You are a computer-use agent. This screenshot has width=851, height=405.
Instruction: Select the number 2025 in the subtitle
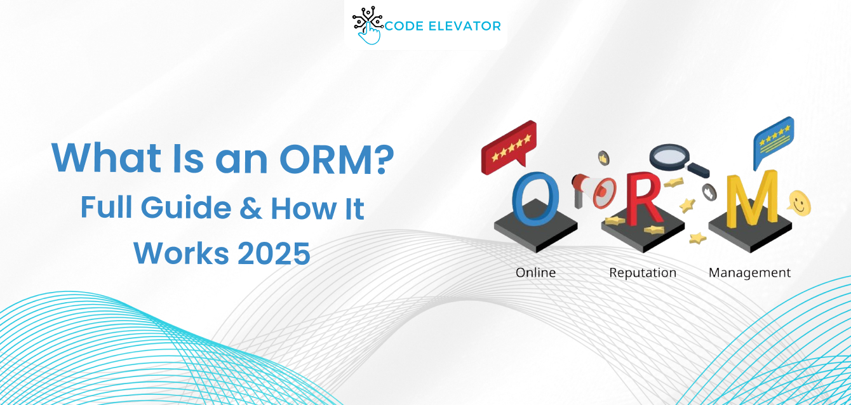tap(274, 253)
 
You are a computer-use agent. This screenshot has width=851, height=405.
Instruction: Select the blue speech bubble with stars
tap(773, 139)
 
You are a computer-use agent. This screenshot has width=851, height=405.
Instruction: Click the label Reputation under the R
tap(643, 272)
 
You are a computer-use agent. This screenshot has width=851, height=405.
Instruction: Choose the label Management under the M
tap(749, 272)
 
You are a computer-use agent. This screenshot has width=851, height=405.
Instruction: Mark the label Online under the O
tap(535, 272)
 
